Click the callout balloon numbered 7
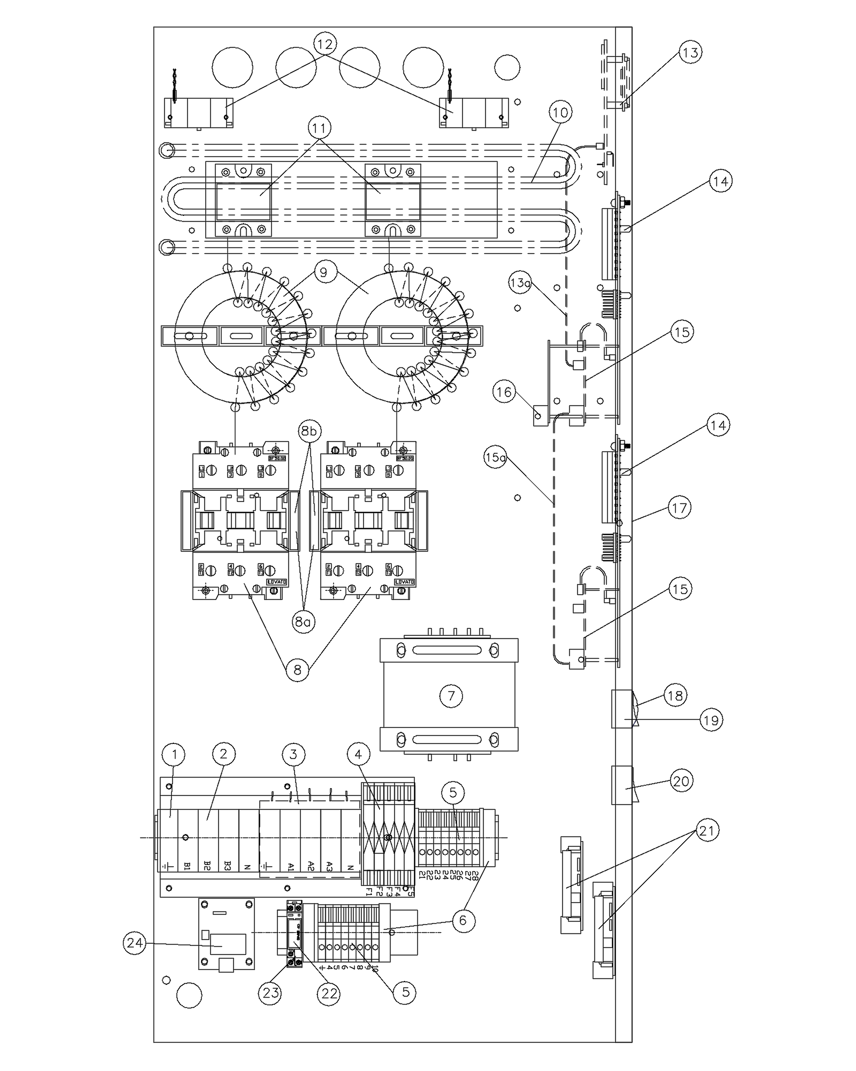(450, 696)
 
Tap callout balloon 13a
(519, 282)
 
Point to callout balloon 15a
(495, 458)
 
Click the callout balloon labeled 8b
(309, 431)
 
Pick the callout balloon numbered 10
(561, 112)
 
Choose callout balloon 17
(679, 507)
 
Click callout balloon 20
(681, 781)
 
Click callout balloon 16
(504, 392)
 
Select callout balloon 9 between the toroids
(324, 273)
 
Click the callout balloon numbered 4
(358, 755)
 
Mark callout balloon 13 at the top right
(690, 52)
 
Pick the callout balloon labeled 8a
(303, 622)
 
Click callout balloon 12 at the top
(326, 43)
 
